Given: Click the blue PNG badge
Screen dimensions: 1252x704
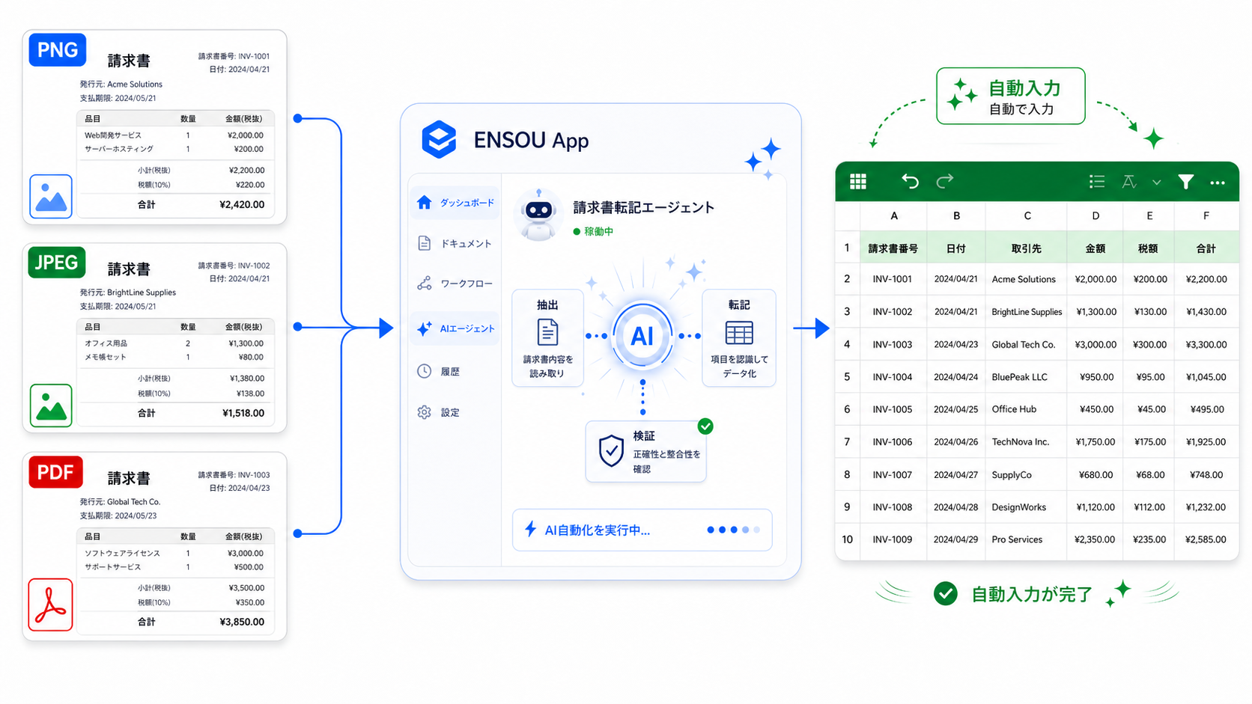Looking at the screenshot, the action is [x=58, y=49].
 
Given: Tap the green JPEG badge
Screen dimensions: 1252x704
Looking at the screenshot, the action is [x=56, y=262].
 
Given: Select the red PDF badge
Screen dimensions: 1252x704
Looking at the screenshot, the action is [x=56, y=472].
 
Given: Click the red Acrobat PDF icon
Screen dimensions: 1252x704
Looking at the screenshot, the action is [x=50, y=604].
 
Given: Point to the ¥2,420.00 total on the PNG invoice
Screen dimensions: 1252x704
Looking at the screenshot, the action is [x=242, y=204].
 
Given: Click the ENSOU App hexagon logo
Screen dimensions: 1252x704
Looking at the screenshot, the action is [x=439, y=140].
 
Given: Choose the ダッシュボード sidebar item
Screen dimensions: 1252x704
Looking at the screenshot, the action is [x=455, y=203].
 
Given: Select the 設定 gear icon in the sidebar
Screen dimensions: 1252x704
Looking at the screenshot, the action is [x=425, y=412].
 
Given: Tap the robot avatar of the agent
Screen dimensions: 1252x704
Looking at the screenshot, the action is [x=538, y=215].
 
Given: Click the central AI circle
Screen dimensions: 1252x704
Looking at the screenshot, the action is [x=642, y=336].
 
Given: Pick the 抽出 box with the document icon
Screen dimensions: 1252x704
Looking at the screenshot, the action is [x=548, y=337].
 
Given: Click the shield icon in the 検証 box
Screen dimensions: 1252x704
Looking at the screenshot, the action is [x=611, y=450].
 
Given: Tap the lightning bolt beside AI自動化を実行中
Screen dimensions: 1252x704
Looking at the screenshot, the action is [x=530, y=529].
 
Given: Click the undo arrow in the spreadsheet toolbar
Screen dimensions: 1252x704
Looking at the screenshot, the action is [x=910, y=182].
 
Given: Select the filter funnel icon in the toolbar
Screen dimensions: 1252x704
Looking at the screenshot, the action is [x=1186, y=182].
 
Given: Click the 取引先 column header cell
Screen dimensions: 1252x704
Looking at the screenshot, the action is [x=1026, y=248].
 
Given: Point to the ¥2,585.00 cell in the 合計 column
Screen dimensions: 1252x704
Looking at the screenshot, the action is [x=1206, y=539].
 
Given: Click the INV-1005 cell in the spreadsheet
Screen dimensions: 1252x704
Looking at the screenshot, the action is [x=893, y=409].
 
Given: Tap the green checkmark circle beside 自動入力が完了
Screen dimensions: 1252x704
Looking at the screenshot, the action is [x=946, y=593].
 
